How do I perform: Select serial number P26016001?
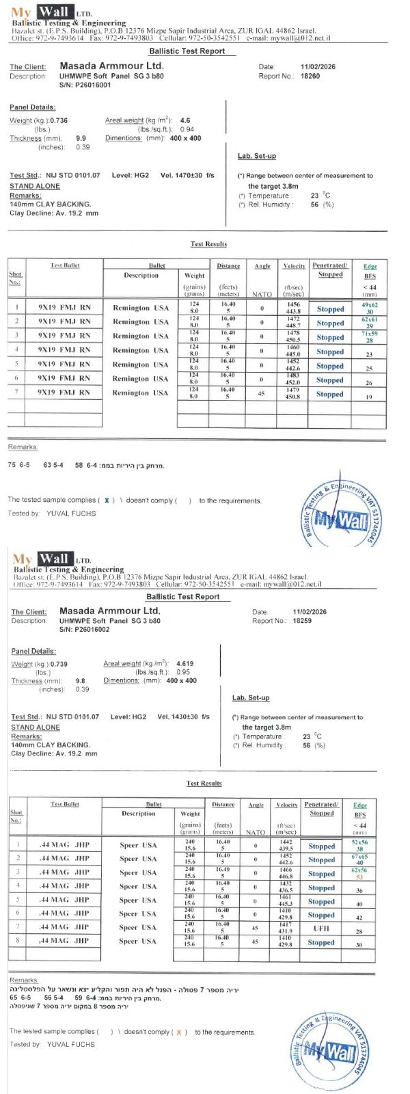tap(85, 85)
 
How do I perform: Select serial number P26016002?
tap(84, 630)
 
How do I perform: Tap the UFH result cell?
tap(321, 929)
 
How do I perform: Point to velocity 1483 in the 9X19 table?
tap(293, 375)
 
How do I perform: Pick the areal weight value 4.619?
tap(184, 663)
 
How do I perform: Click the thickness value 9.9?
tap(81, 138)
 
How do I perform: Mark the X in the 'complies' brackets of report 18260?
tap(107, 501)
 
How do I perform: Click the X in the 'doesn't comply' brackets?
tap(178, 1032)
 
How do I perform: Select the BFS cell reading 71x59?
tap(370, 334)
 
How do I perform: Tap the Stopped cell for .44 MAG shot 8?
tap(321, 942)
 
